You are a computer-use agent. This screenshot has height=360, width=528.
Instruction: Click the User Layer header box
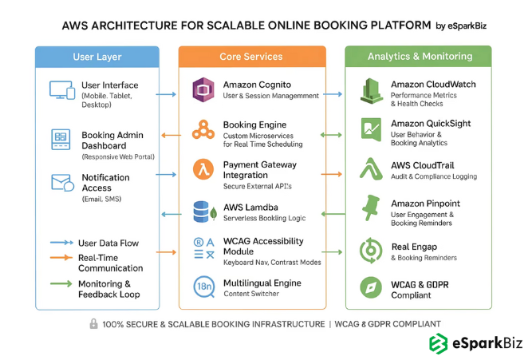coord(96,57)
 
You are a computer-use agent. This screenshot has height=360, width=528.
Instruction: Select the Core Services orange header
coord(251,57)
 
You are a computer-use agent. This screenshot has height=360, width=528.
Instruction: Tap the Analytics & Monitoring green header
coord(419,57)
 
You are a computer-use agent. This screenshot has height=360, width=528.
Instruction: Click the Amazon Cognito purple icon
coord(203,89)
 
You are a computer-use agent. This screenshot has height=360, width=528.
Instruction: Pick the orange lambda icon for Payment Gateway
coord(203,169)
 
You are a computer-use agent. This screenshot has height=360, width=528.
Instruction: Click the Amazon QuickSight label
coord(431,124)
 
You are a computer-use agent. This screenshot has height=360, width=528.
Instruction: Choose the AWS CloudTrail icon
coord(371,169)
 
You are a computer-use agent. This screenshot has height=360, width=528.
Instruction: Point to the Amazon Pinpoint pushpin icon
coord(371,209)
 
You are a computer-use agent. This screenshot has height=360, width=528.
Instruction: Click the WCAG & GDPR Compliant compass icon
coord(371,287)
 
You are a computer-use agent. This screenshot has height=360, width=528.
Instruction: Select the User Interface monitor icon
coord(61,89)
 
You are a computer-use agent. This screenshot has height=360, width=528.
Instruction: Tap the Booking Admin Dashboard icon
coord(61,138)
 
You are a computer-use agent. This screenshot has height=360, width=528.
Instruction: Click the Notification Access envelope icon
coord(61,182)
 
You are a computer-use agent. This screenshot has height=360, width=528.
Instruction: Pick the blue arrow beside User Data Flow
coord(61,243)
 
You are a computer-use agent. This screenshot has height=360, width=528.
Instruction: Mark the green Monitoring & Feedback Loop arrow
coord(61,283)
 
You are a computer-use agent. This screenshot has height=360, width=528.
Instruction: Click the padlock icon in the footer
coord(94,324)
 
